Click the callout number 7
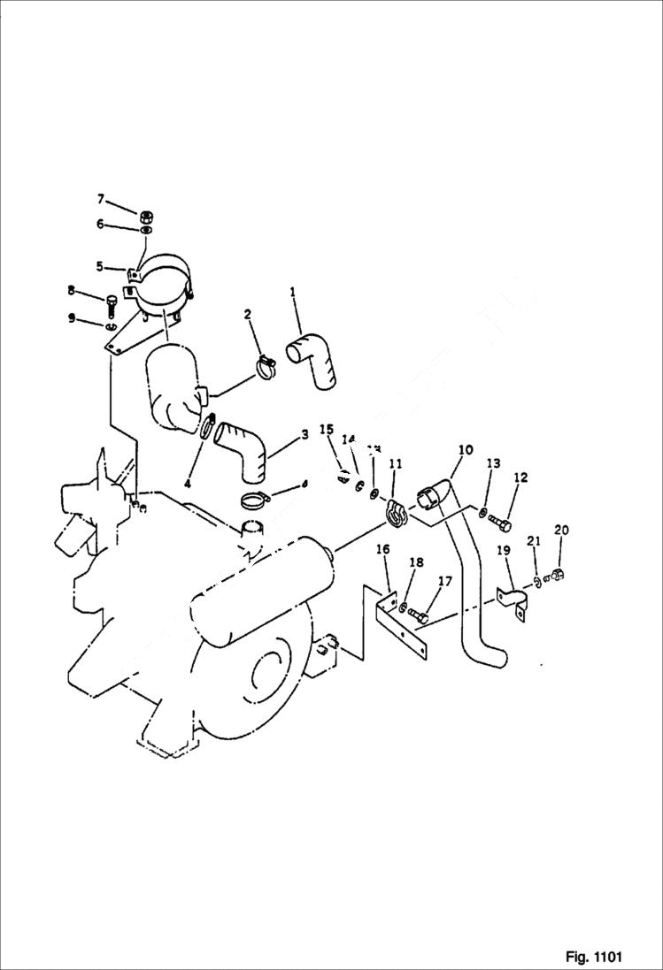pos(101,198)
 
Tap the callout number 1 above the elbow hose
pos(293,291)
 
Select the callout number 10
pos(466,451)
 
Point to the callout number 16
pos(382,550)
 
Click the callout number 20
pos(561,531)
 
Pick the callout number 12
pos(520,478)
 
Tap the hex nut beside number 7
pos(147,215)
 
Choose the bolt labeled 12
pos(499,523)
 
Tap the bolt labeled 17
pos(420,615)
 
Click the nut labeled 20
pos(558,576)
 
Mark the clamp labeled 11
pos(395,511)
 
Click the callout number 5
pos(99,266)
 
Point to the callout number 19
pos(503,551)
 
